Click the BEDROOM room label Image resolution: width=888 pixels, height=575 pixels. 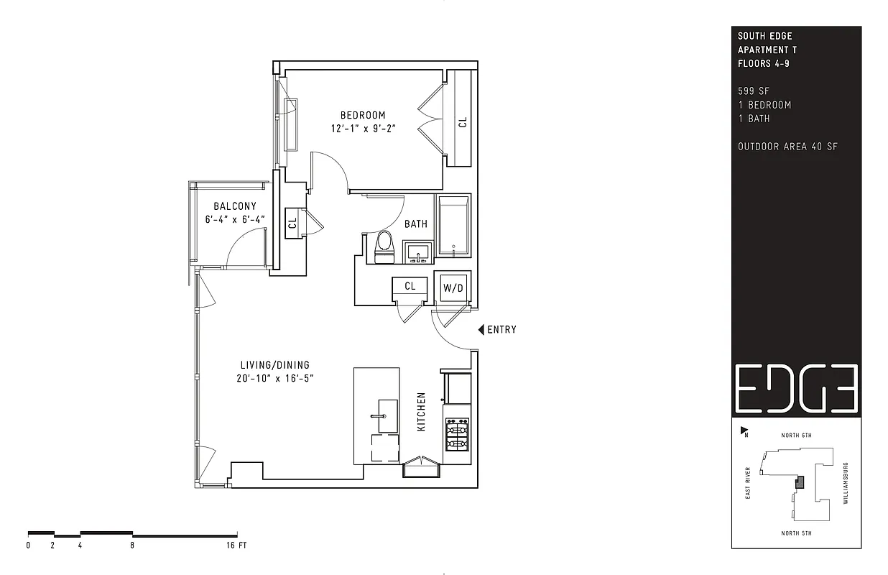click(x=363, y=115)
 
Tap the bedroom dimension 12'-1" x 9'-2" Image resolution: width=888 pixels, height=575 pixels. click(x=364, y=129)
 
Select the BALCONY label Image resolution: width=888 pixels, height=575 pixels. click(x=234, y=206)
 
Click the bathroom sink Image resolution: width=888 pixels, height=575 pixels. click(x=417, y=252)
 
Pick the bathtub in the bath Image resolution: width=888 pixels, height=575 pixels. click(x=453, y=226)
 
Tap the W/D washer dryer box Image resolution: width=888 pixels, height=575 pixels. click(x=453, y=287)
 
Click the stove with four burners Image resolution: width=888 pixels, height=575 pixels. click(x=457, y=435)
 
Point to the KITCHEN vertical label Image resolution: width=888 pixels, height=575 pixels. click(x=422, y=412)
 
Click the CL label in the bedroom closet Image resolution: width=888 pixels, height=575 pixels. click(x=463, y=122)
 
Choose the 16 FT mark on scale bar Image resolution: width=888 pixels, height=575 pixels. click(x=236, y=546)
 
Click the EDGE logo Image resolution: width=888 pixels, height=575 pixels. click(x=796, y=387)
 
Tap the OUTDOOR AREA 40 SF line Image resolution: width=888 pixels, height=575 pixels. click(x=787, y=147)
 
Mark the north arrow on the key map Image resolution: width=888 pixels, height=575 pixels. click(x=744, y=431)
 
